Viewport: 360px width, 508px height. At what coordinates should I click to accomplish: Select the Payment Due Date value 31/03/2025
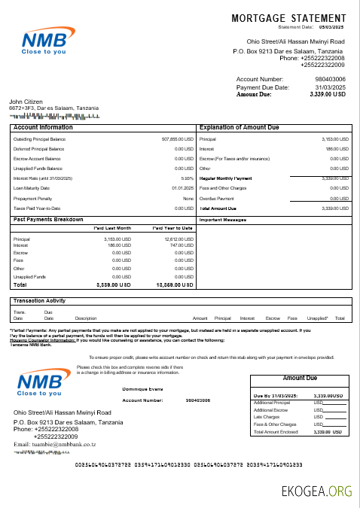[329, 87]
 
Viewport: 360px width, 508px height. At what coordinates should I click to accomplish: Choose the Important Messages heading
[223, 220]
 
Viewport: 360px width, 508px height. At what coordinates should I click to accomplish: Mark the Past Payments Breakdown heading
[48, 219]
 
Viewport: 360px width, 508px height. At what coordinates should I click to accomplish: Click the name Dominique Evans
[142, 389]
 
